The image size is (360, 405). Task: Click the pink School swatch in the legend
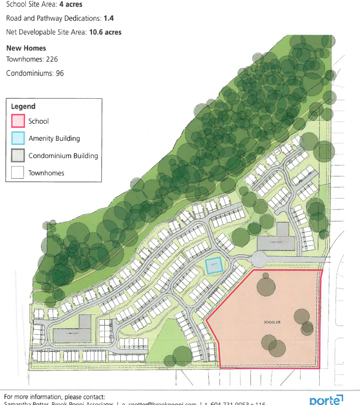tap(18, 121)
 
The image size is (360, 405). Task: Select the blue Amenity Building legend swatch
tap(18, 138)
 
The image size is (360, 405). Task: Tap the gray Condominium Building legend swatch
tap(18, 156)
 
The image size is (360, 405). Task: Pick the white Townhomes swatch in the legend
tap(18, 173)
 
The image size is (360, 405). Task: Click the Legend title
tap(23, 106)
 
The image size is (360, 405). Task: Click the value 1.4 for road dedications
tap(109, 18)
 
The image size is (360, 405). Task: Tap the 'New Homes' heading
tap(26, 48)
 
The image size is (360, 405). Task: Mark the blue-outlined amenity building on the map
tap(213, 266)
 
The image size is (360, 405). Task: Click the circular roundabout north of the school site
tap(259, 258)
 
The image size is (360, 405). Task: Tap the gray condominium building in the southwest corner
tap(71, 334)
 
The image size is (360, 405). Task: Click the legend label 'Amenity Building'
tap(54, 138)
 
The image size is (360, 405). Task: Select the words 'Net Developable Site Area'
tap(47, 32)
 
